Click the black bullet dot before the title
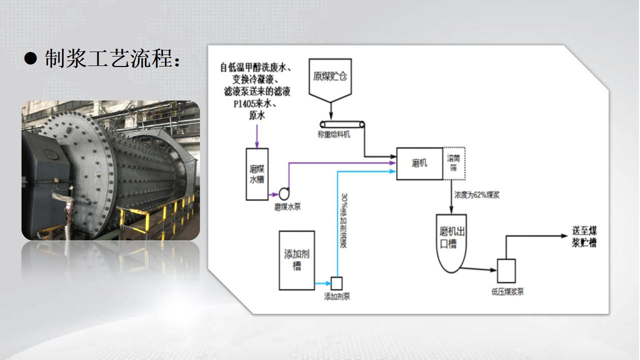point(31,59)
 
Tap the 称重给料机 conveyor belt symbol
point(343,124)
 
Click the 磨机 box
point(419,163)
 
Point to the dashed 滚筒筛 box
point(454,163)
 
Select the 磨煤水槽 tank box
point(257,174)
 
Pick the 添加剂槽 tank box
point(296,260)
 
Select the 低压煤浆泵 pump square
point(506,270)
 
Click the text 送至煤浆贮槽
point(584,237)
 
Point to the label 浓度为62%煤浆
point(476,195)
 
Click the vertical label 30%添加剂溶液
point(344,220)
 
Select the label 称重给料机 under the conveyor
point(334,134)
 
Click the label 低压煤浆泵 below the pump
point(507,291)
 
